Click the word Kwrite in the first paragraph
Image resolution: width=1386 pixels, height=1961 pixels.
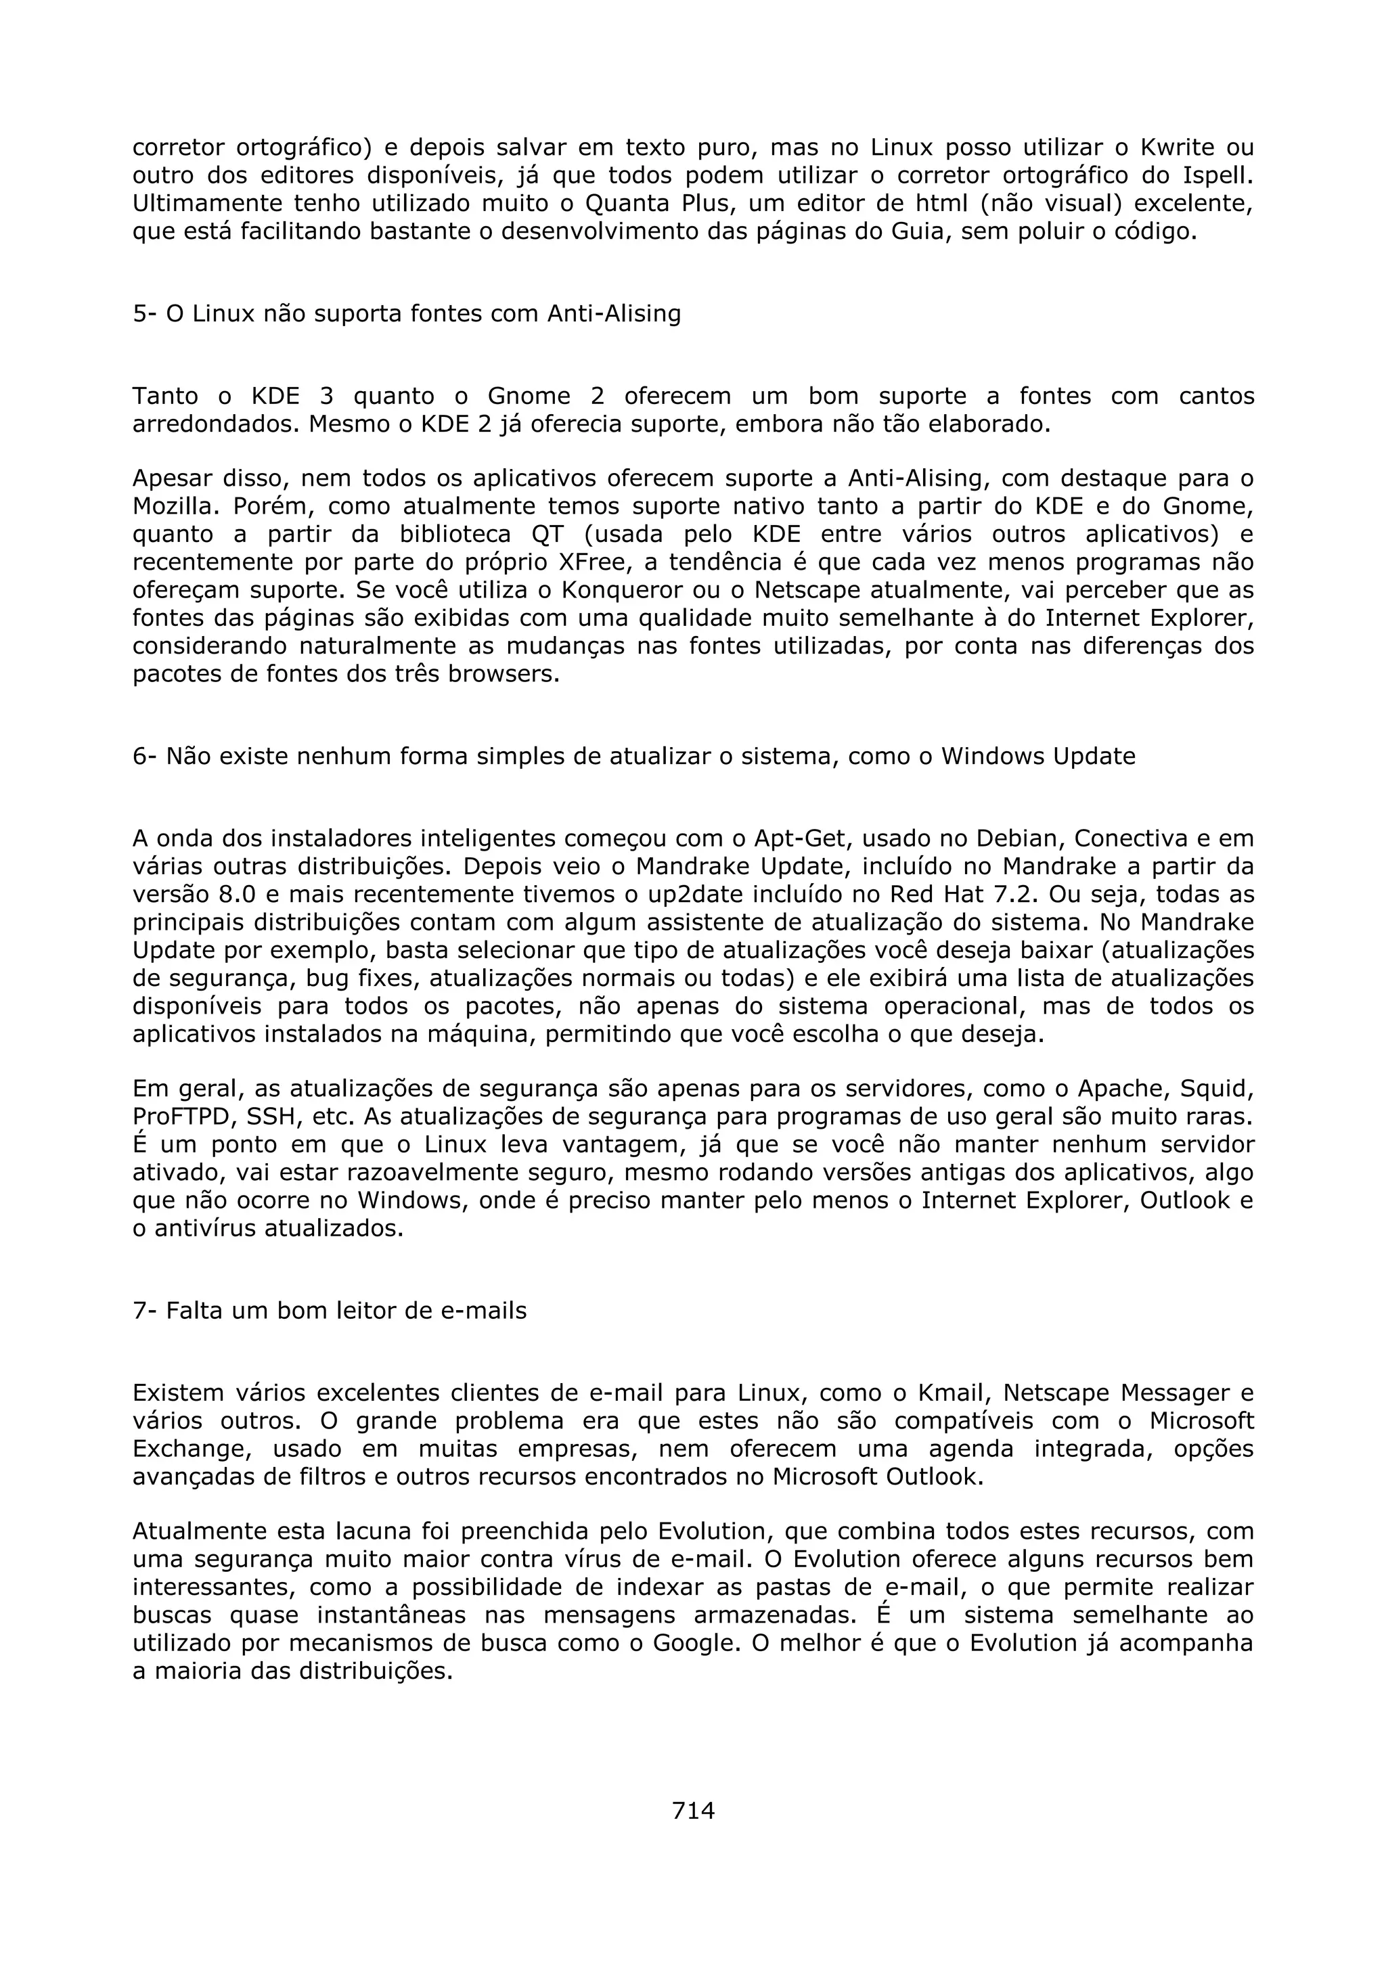[x=1177, y=148]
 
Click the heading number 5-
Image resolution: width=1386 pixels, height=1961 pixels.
[x=146, y=314]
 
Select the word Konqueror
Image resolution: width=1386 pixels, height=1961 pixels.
[x=624, y=591]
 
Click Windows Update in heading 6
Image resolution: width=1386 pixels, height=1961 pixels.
[x=1037, y=757]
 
